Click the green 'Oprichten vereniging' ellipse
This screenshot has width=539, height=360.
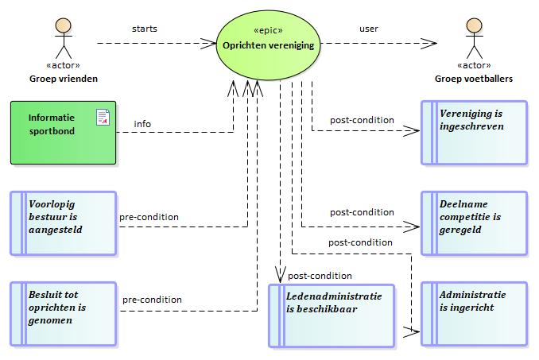[x=268, y=45]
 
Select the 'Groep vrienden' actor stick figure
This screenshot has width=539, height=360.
[x=64, y=38]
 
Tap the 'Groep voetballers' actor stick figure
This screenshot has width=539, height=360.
[x=475, y=38]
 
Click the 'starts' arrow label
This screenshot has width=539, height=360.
[x=145, y=29]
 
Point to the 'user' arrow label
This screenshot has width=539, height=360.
[x=369, y=29]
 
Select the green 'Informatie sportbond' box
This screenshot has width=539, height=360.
[x=64, y=133]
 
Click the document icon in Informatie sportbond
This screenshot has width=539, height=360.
[x=103, y=117]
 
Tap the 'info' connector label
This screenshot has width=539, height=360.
[x=142, y=124]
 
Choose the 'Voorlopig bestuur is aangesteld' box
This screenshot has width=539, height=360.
[x=64, y=223]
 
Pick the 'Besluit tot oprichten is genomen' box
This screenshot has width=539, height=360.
[x=64, y=314]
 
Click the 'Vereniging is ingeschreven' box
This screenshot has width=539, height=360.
[x=475, y=133]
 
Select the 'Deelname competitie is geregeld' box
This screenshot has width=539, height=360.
[x=475, y=223]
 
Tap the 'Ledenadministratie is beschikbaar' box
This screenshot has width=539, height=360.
[x=332, y=315]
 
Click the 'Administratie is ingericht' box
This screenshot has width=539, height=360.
[x=475, y=314]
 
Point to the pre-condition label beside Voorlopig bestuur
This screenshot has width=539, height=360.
[x=149, y=217]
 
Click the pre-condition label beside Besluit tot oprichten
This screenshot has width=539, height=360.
[x=152, y=300]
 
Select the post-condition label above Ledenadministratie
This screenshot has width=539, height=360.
[x=320, y=276]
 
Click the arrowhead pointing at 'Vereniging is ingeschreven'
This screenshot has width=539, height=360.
[x=412, y=130]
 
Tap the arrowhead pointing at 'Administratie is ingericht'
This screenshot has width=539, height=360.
[x=412, y=332]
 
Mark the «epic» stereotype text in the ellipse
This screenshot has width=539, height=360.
[x=268, y=30]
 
